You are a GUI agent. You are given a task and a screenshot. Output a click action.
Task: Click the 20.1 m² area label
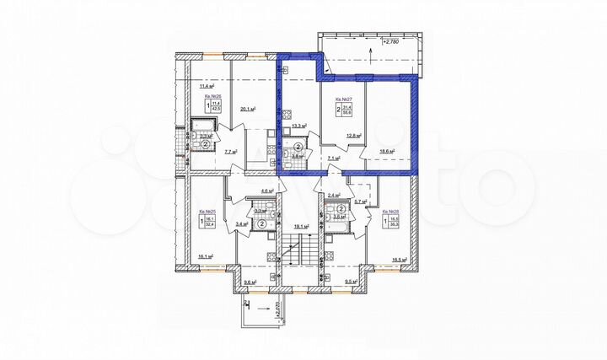pos(247,108)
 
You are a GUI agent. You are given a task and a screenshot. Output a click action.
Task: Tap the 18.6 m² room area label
pos(387,153)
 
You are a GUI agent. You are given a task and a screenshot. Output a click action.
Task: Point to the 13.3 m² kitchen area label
pos(298,126)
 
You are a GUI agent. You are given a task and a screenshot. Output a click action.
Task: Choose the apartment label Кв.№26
pos(211,98)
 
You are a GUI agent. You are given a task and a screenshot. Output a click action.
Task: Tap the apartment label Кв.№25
pos(207,212)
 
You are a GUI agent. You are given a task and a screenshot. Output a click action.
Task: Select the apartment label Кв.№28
pos(390,212)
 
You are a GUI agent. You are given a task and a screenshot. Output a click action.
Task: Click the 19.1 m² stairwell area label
pos(302,226)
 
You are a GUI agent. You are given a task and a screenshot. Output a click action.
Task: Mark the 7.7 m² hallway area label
pos(230,153)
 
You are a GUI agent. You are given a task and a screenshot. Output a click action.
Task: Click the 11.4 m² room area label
pos(205,85)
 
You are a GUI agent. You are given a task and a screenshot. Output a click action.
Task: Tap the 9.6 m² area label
pos(249,283)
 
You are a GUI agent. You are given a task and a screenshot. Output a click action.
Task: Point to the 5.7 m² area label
pos(357,201)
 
